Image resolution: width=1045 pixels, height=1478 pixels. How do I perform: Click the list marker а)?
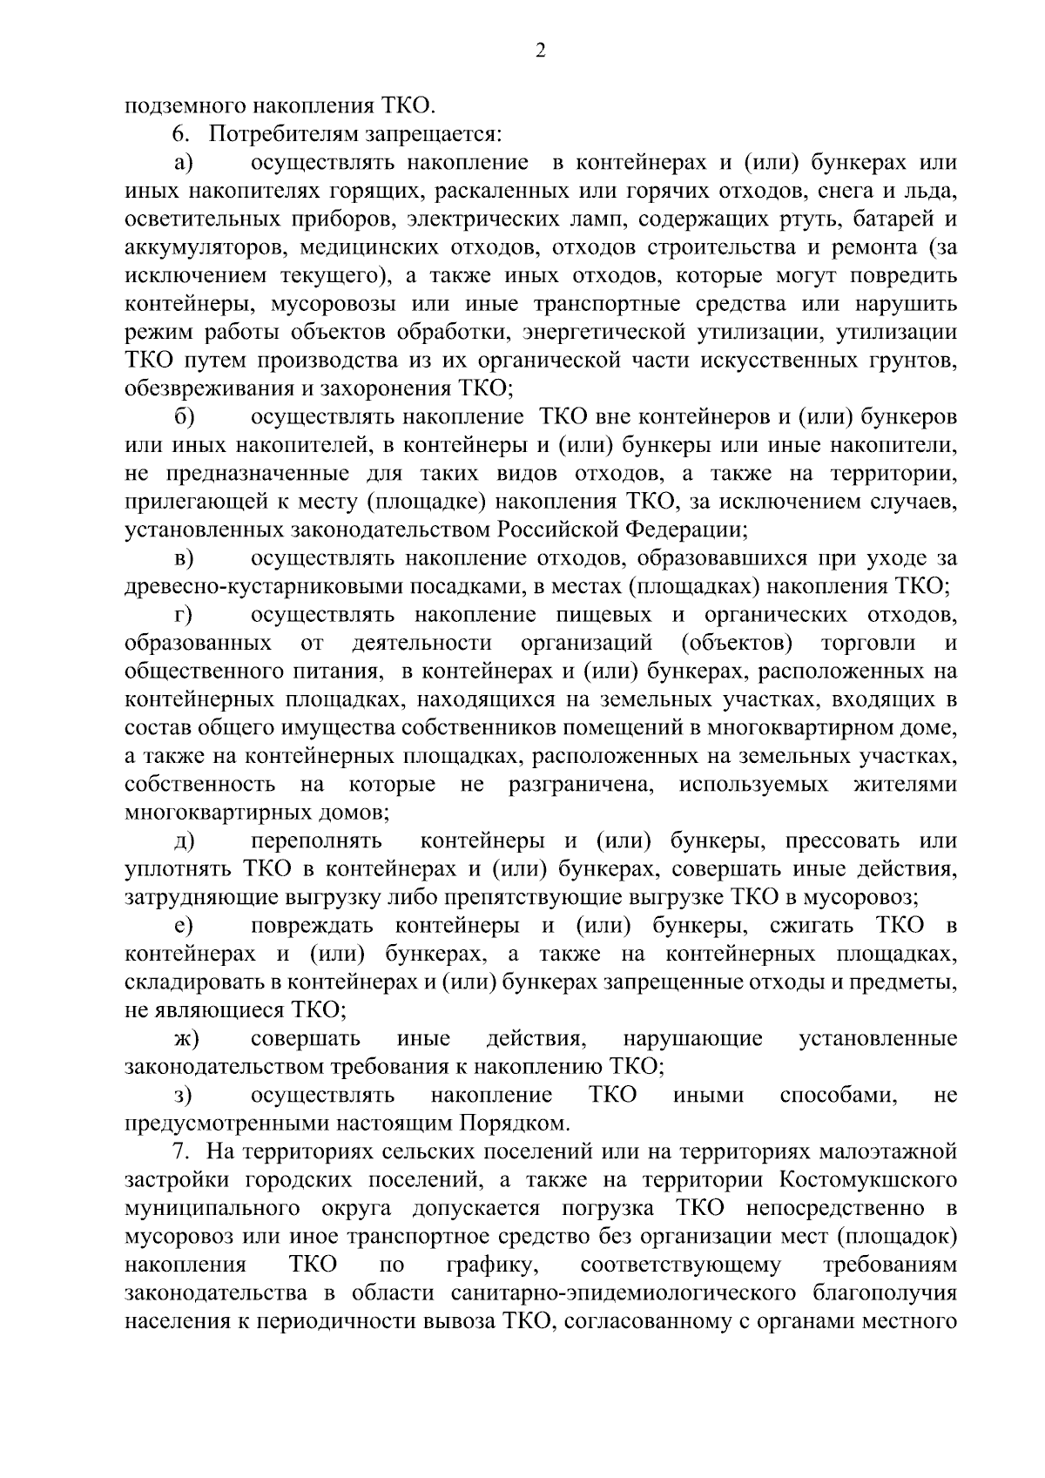pos(183,164)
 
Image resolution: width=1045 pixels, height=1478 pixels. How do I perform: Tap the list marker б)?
pos(183,417)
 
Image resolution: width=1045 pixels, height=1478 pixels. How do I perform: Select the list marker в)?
pos(184,558)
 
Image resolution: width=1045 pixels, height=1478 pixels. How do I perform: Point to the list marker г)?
pos(183,615)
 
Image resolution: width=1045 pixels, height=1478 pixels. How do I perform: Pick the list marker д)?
pos(184,841)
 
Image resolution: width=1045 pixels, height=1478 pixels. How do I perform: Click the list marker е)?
pos(183,926)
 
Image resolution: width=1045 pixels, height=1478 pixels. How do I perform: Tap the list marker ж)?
pos(186,1039)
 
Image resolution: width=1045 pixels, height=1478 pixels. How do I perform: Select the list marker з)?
pos(182,1096)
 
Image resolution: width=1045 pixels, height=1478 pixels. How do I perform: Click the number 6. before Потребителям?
pos(179,135)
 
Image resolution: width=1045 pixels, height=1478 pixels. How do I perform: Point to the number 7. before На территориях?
pos(179,1151)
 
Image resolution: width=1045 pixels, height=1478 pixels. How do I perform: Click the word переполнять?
pos(316,841)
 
